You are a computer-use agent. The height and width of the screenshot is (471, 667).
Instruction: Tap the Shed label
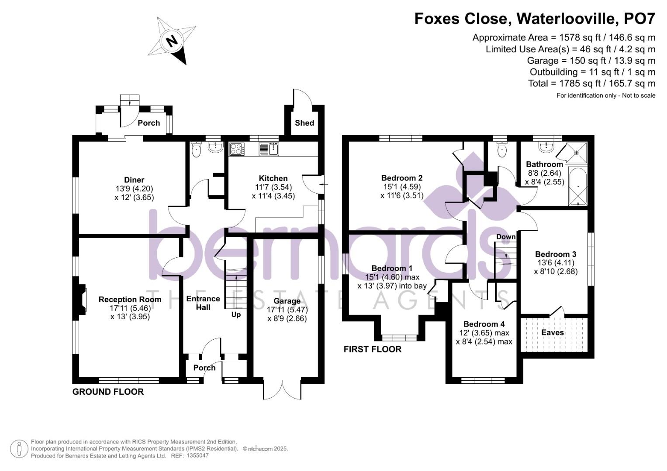(304, 123)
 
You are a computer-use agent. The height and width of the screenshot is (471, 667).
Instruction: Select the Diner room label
(134, 180)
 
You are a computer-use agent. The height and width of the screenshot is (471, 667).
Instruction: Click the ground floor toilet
(197, 150)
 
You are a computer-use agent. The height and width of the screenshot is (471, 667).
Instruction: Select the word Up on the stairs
(236, 314)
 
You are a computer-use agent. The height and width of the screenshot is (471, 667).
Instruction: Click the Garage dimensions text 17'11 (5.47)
(287, 310)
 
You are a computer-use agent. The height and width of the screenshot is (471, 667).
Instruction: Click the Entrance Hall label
(203, 303)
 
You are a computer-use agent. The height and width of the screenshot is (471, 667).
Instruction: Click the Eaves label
(553, 333)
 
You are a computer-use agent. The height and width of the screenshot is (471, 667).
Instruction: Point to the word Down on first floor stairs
(506, 237)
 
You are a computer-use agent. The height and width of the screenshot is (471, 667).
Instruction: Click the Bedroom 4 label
(484, 324)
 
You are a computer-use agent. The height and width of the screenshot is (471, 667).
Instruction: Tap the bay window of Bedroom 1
(399, 337)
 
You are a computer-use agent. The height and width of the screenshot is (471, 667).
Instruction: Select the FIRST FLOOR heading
(372, 349)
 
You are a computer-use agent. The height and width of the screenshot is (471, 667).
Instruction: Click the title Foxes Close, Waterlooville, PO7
(535, 18)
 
